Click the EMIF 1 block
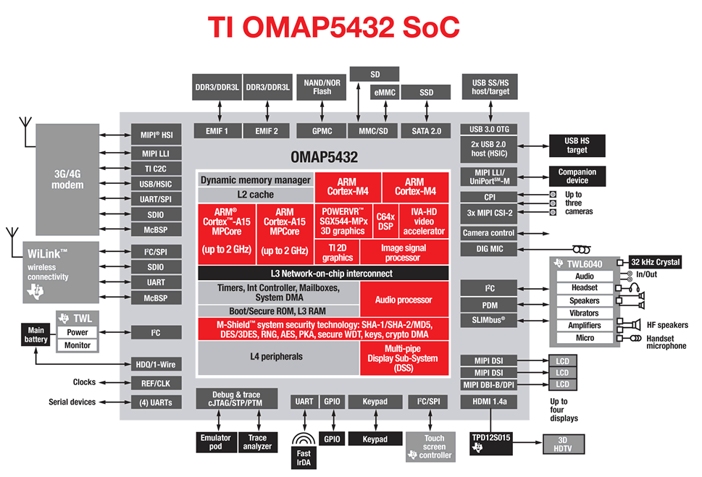217,131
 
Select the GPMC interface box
322,131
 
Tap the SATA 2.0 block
426,131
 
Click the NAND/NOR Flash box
322,87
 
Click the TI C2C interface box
156,169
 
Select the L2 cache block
255,195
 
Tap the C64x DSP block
385,221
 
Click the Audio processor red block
404,300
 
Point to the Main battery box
35,334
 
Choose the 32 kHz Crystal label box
655,262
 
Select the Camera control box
489,233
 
